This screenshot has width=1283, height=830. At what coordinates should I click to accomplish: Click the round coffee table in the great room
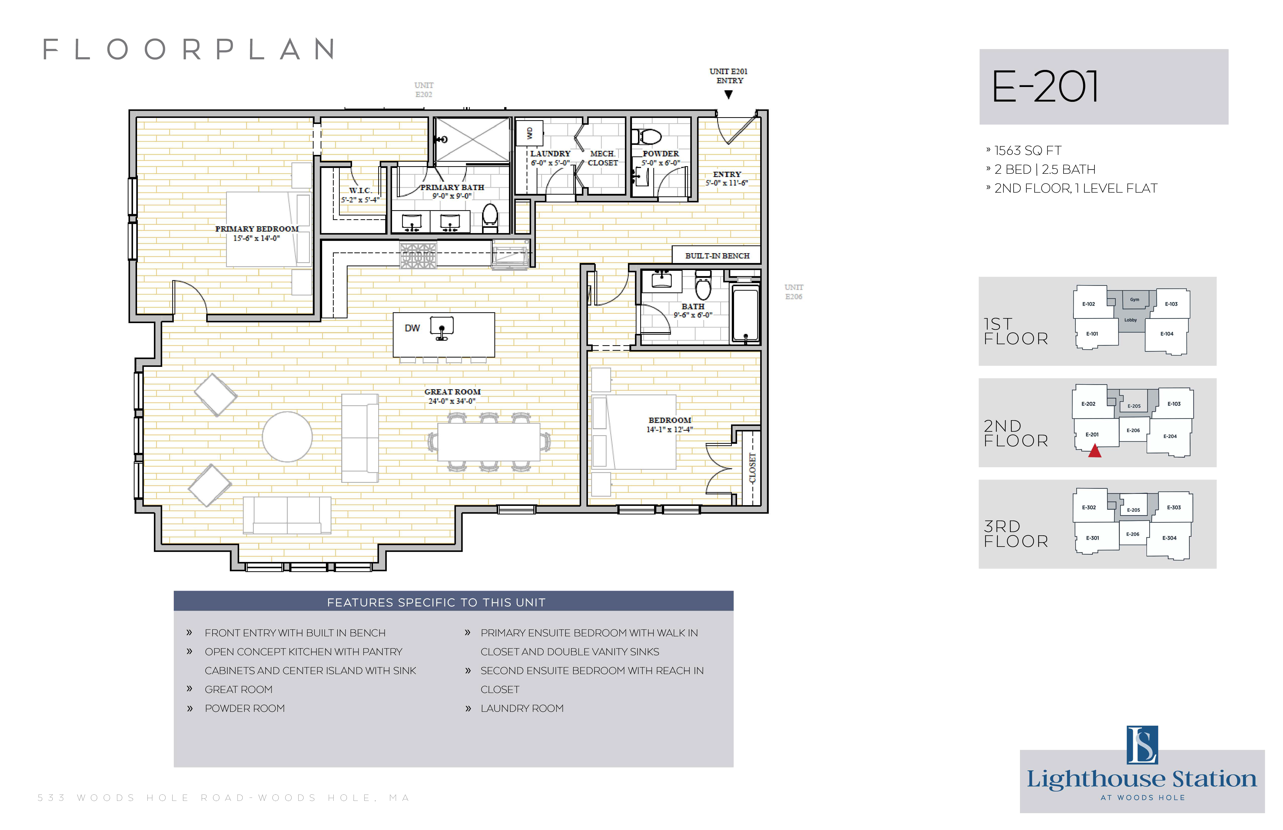[287, 436]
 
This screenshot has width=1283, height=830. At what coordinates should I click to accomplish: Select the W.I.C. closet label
[360, 190]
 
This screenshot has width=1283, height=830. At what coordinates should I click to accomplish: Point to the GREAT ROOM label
[452, 392]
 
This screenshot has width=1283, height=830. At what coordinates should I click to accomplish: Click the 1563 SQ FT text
[1028, 150]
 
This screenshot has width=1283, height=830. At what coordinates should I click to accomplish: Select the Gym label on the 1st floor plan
[1135, 300]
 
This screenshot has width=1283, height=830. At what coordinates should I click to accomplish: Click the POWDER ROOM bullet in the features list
[245, 708]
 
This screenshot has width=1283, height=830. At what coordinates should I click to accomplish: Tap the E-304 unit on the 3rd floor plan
[1169, 538]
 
